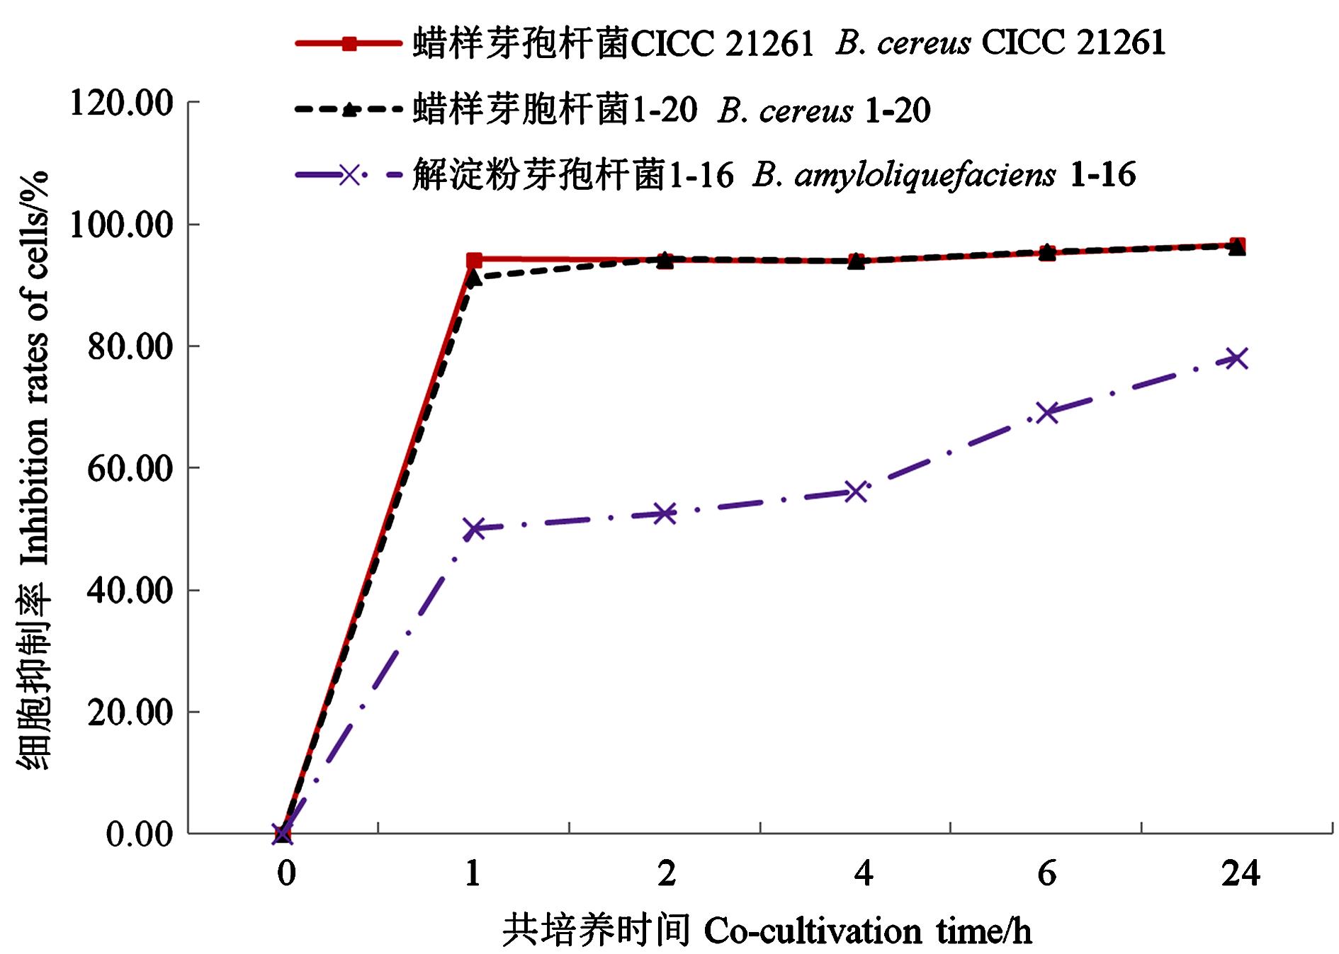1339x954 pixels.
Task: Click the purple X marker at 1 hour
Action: point(474,528)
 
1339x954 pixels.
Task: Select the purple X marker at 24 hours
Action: point(1237,358)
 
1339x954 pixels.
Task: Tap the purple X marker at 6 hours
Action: point(1047,412)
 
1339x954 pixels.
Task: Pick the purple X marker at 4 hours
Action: point(856,492)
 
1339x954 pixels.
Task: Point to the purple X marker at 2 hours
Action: point(665,513)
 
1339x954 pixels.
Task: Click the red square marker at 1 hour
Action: point(474,261)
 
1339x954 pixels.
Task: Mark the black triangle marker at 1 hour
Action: point(474,277)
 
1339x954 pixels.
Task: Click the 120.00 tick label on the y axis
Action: point(121,103)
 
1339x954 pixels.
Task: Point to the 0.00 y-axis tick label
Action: point(140,834)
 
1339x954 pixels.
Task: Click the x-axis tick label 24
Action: point(1241,874)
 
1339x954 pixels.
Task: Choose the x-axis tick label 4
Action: point(863,874)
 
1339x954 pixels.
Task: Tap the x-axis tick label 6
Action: point(1047,874)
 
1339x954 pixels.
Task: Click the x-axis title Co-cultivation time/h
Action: point(867,931)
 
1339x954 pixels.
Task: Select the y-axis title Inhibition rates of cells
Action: point(34,368)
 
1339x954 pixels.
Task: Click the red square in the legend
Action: point(349,44)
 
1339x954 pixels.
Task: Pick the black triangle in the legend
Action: point(349,110)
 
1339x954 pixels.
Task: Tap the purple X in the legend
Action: point(349,174)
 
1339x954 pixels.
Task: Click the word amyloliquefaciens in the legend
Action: point(925,175)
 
